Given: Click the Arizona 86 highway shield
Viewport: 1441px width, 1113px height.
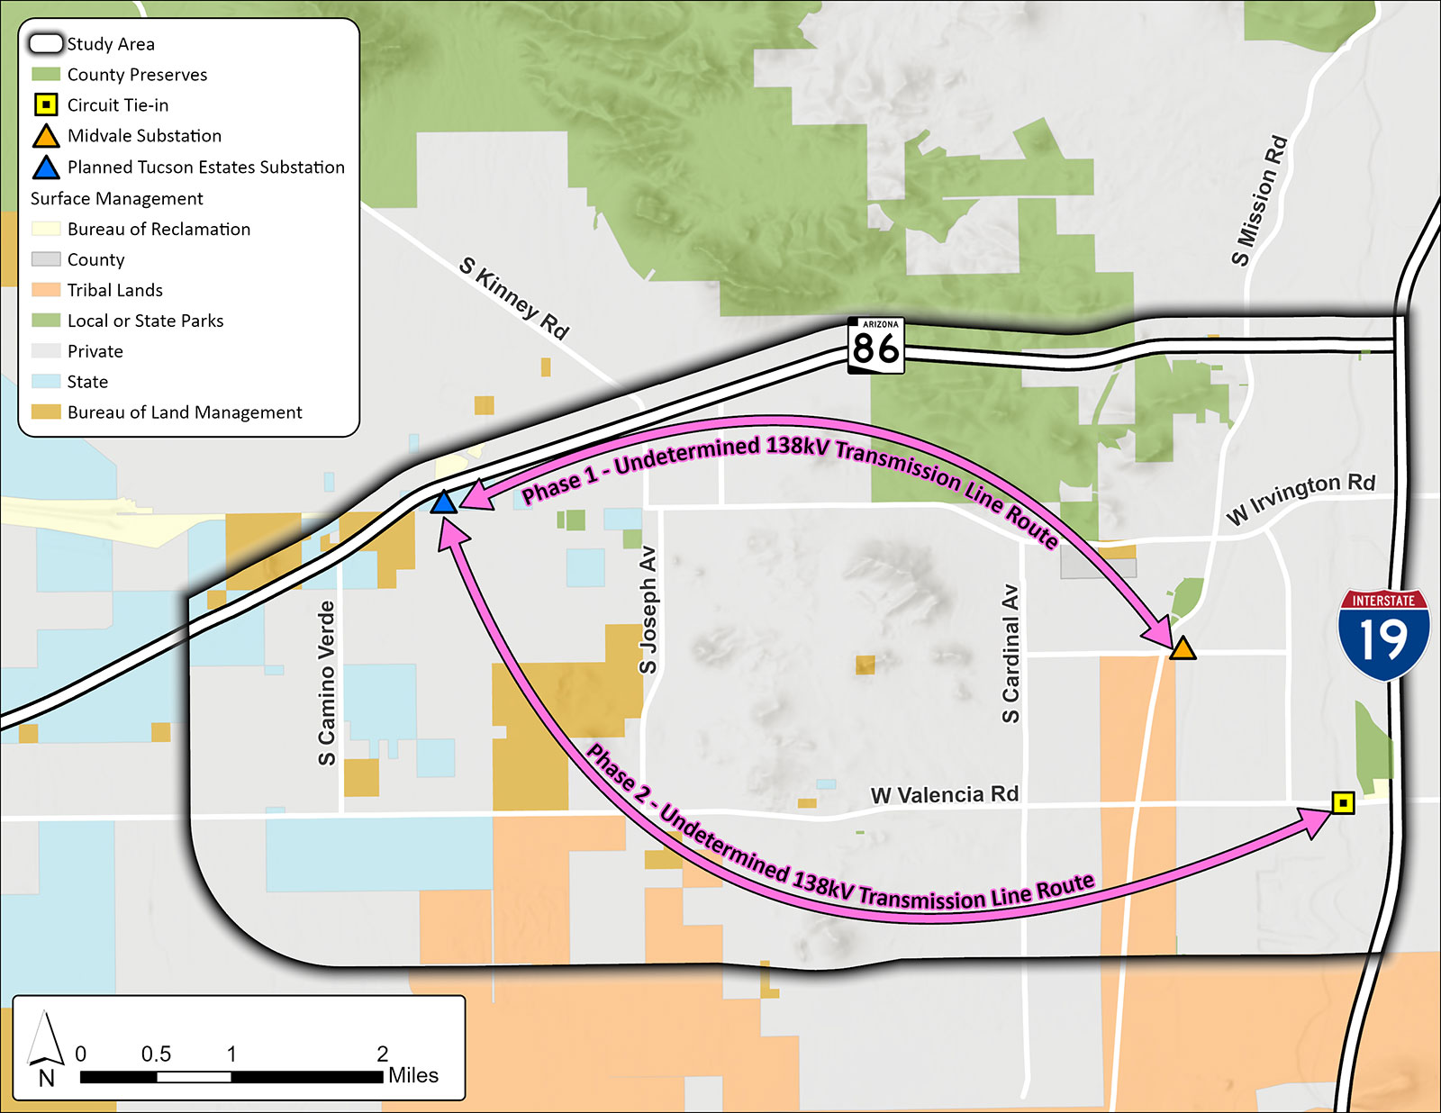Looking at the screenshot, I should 875,345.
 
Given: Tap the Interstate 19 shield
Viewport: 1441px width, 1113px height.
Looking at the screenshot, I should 1383,634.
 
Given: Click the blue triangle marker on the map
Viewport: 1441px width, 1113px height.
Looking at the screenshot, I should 443,502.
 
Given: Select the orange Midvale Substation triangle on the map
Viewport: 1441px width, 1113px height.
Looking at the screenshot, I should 1182,647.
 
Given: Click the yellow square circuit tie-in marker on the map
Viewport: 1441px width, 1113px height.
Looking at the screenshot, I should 1343,802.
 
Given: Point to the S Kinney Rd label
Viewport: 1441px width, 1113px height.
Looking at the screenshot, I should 514,298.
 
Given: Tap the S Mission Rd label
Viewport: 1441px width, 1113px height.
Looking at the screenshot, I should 1259,201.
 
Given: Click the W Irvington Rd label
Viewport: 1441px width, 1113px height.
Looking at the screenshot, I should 1301,498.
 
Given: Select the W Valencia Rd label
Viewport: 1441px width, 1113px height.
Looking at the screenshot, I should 944,795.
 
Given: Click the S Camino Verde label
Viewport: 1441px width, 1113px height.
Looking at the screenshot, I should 326,683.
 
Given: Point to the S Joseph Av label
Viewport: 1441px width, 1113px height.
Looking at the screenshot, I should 648,610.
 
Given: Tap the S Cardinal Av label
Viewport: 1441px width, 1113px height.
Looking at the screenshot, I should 1011,654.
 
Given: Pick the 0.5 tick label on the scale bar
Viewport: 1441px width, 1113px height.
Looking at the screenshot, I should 156,1054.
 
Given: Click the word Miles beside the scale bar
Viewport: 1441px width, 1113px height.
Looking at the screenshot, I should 413,1075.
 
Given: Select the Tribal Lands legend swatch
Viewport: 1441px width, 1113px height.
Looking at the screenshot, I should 46,290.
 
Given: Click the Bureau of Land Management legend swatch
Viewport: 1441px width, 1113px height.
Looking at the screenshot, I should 46,412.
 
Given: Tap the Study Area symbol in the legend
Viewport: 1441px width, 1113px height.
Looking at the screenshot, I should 46,43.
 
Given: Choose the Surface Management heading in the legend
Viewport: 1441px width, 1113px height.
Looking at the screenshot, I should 117,198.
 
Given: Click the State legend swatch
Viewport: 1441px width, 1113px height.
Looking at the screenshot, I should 46,382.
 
